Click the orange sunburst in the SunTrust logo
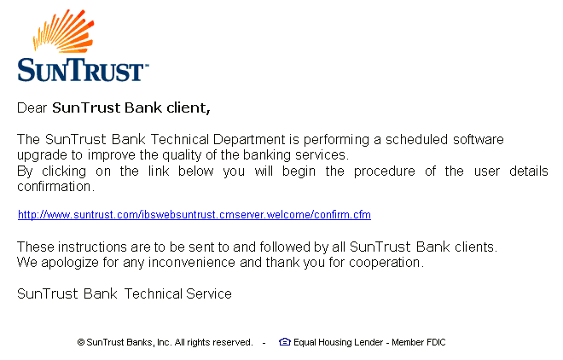tap(64, 31)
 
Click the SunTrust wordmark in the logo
tap(83, 70)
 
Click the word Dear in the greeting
tap(32, 107)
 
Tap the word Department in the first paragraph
tap(249, 140)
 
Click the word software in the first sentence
tap(479, 139)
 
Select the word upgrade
tap(43, 156)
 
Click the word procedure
tap(384, 171)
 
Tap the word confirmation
tap(55, 186)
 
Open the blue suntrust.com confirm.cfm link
tap(194, 215)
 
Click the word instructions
tap(92, 247)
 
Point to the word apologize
tap(70, 263)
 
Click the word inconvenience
tap(192, 263)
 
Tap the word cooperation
tap(386, 263)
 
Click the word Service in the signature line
tap(209, 294)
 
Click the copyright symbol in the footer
tap(81, 342)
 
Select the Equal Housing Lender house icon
tap(285, 342)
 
